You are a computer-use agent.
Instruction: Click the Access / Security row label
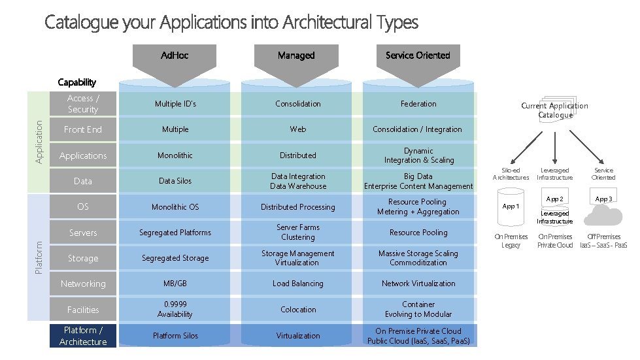[83, 104]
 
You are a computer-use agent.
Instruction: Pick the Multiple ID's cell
[175, 104]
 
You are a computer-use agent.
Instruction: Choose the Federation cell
[418, 104]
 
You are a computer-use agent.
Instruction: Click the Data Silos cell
[175, 181]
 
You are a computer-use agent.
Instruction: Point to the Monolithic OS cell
[175, 207]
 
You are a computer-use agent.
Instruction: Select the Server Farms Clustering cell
[298, 233]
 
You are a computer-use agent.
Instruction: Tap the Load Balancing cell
[298, 284]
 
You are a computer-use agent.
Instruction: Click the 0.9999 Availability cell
[175, 310]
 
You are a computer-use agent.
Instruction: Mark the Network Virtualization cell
[418, 284]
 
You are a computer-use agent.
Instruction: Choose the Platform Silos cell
[175, 336]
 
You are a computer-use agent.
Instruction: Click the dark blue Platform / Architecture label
[83, 336]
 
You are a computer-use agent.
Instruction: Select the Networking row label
[83, 284]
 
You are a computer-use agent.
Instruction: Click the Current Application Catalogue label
[554, 110]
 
